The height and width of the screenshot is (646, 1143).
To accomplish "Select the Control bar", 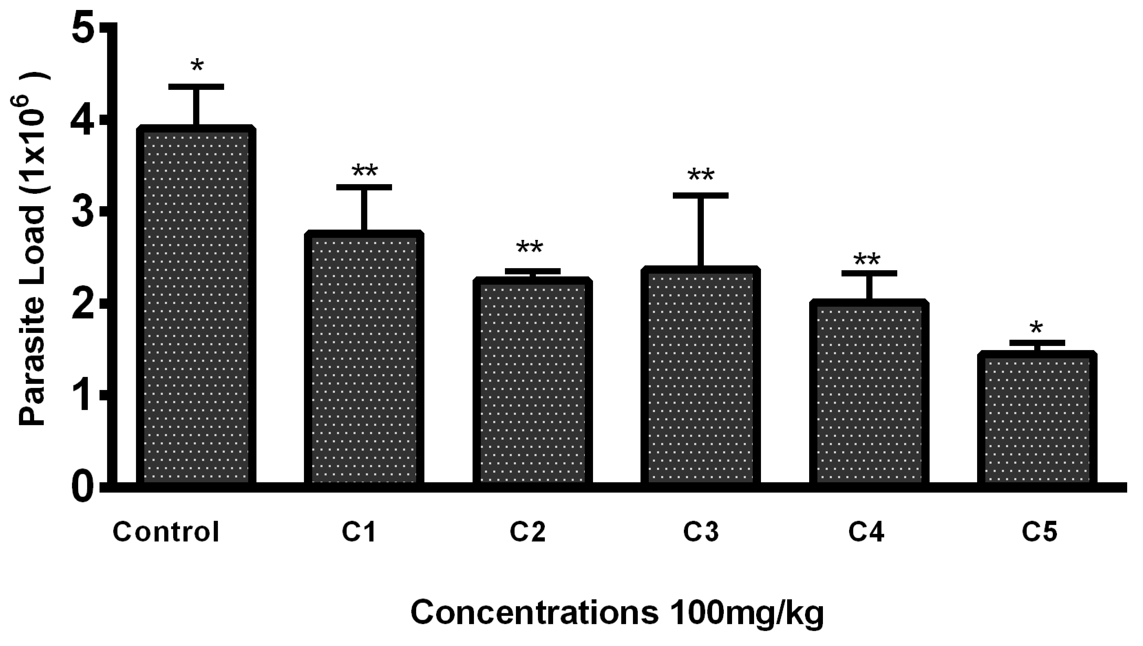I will tap(196, 306).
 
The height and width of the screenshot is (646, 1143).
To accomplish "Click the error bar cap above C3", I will tap(700, 195).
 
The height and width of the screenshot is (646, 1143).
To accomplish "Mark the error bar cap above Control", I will tap(196, 86).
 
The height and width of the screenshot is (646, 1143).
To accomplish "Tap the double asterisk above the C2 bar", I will tap(529, 247).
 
